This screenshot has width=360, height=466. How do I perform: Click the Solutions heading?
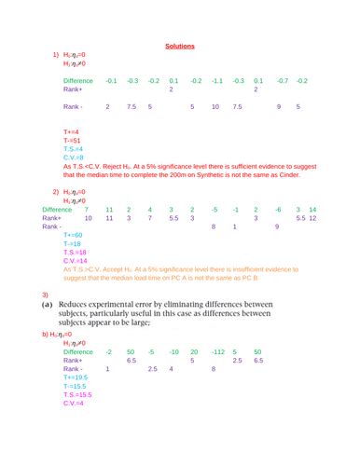(179, 46)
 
